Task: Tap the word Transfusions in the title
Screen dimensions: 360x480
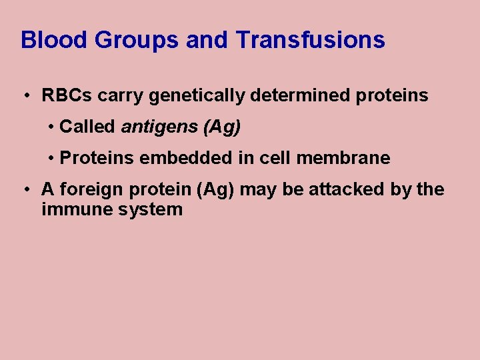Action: [310, 40]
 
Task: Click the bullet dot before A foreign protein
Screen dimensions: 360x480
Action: [25, 190]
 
